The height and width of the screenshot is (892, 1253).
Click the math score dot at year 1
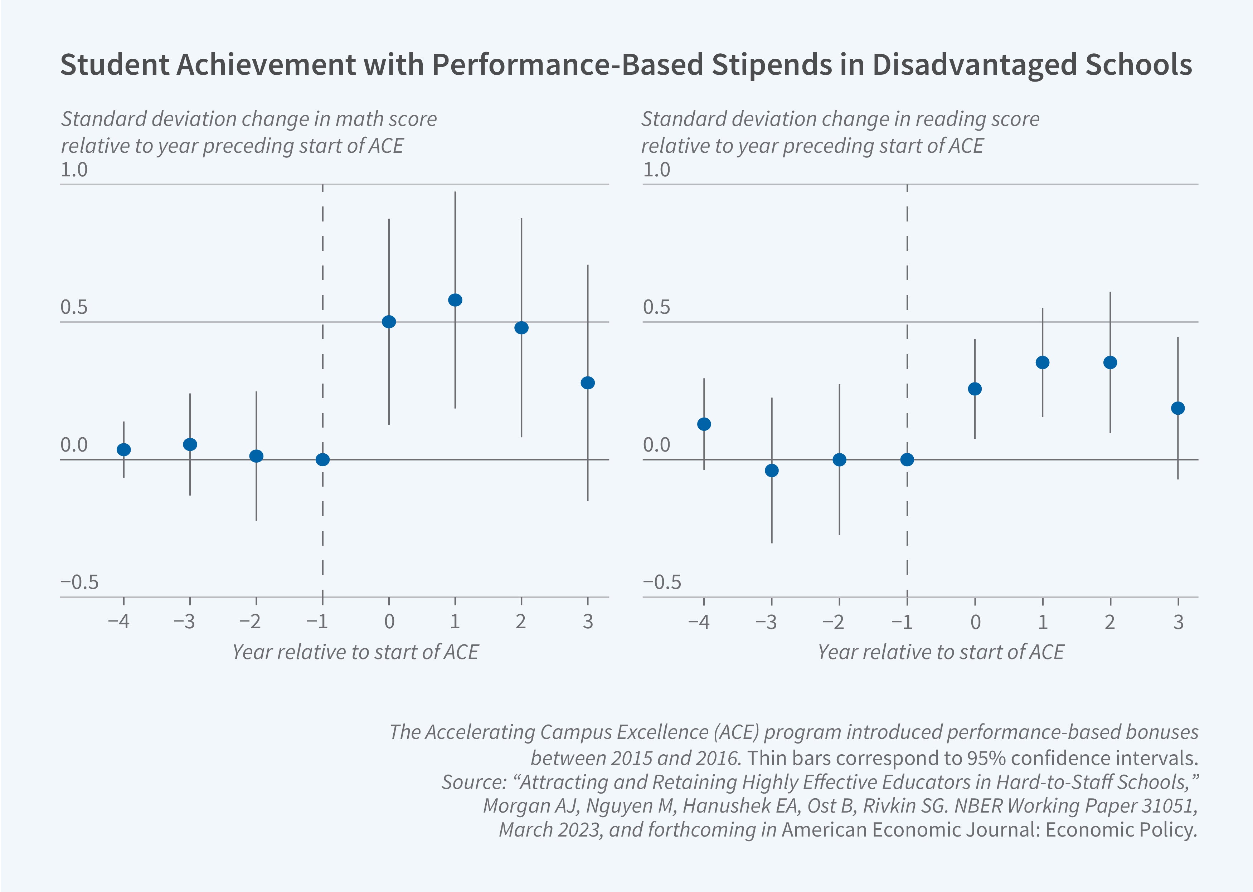(x=455, y=300)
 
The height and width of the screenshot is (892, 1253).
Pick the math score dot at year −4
(x=123, y=449)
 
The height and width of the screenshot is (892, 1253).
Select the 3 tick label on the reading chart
(x=1178, y=622)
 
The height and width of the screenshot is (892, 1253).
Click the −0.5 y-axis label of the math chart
(x=80, y=582)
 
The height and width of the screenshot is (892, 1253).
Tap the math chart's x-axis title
(x=355, y=652)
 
